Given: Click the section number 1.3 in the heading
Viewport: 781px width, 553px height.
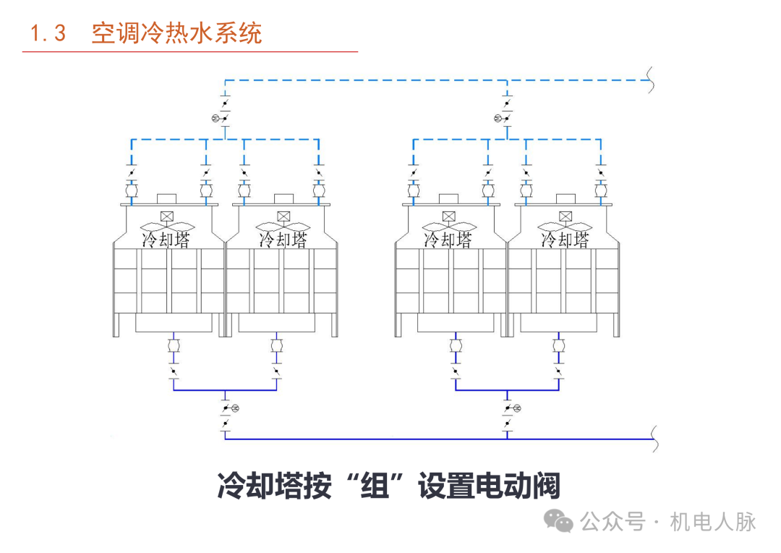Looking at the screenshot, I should point(48,33).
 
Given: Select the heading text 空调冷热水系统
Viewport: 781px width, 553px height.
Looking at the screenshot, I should point(176,33).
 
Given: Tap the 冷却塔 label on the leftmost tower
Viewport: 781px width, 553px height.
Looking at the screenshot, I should point(166,239).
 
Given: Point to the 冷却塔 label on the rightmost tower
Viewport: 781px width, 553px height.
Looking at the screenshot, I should point(565,239).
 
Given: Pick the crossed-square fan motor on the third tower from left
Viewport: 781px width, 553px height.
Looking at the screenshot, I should point(448,216).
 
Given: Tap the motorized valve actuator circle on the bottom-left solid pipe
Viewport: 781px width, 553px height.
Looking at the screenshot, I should point(234,409).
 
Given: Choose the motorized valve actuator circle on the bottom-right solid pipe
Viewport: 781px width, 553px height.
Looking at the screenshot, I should point(516,409).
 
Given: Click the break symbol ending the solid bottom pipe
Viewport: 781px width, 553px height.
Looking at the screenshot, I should point(654,439).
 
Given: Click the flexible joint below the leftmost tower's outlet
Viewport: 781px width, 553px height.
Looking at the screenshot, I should point(174,347).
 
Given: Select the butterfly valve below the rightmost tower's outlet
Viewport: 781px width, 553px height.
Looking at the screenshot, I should point(558,373).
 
